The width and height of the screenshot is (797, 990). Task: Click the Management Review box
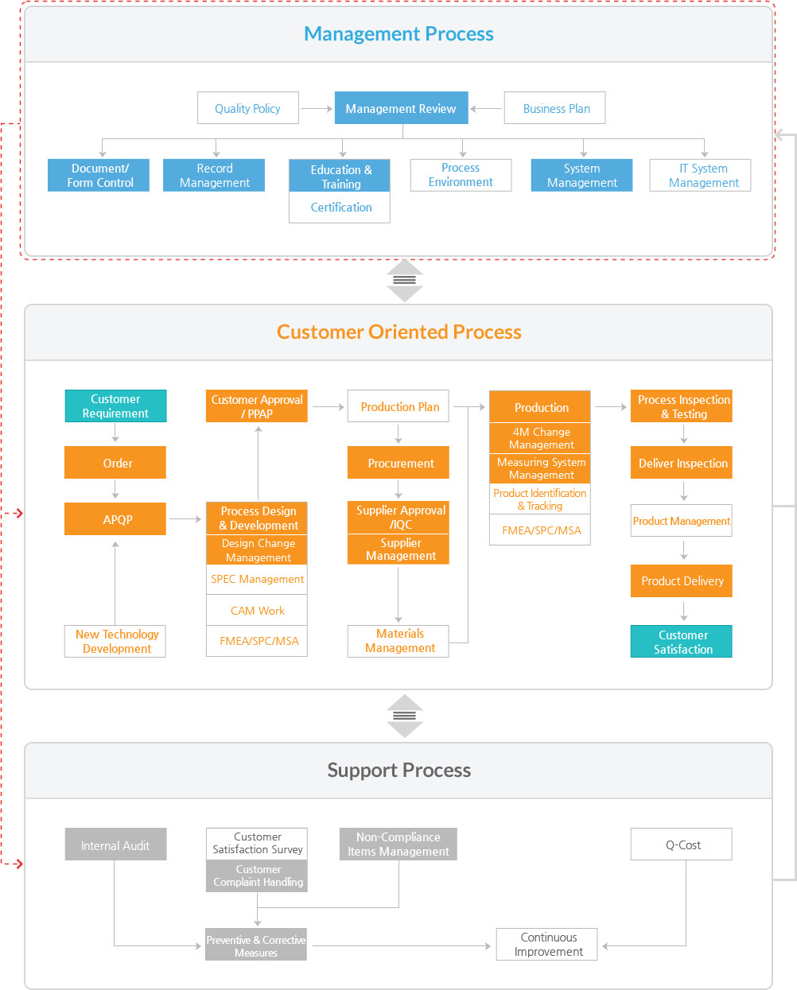(401, 107)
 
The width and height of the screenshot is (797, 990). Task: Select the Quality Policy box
(248, 107)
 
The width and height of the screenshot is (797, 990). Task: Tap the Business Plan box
(555, 107)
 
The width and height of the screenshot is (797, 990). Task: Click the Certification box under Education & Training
(340, 208)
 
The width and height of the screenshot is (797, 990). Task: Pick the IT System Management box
(701, 175)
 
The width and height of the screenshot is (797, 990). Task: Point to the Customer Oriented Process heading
(399, 332)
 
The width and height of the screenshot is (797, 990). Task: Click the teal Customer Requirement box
(115, 406)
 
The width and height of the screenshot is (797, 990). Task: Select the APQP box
(115, 519)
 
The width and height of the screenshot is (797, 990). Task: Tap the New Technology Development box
(115, 641)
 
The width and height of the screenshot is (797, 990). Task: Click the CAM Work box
(257, 611)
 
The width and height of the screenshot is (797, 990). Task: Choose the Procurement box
(398, 463)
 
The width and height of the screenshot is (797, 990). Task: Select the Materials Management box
(398, 641)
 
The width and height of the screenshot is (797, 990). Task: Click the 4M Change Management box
(540, 438)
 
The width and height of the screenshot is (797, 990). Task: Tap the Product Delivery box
(682, 581)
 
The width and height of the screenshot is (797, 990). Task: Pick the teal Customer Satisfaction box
(682, 641)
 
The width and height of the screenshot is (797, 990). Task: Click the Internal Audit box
(115, 844)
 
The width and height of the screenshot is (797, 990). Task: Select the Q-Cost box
(682, 844)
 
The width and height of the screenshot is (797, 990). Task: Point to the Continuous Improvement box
(547, 945)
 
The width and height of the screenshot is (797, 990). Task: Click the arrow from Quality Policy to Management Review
(317, 109)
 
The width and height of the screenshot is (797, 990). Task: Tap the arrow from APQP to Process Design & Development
(185, 519)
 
